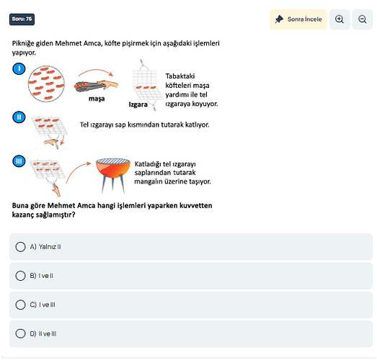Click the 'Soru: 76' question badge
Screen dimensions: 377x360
22,19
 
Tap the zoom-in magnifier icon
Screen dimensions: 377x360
340,19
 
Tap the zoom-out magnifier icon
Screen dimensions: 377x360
362,19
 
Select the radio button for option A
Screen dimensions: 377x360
20,247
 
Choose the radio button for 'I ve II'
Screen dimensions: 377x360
20,276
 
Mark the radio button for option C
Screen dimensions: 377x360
20,305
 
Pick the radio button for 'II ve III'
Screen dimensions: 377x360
20,333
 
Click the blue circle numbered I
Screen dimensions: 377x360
19,68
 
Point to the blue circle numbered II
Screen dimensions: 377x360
19,117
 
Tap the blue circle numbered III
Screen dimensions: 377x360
19,161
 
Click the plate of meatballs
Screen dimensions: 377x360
46,84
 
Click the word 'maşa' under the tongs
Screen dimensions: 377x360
97,99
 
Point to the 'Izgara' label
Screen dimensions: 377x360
138,104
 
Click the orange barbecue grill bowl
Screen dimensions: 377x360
113,168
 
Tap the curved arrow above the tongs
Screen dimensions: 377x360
96,70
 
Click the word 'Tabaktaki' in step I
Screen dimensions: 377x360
180,76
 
